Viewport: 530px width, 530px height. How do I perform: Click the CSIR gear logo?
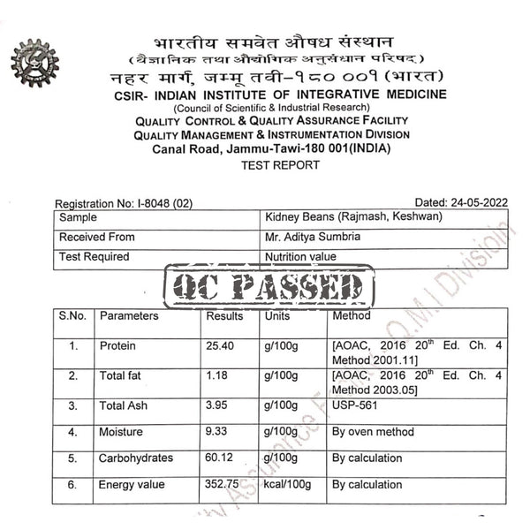pos(34,64)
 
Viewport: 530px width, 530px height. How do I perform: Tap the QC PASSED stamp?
pos(269,287)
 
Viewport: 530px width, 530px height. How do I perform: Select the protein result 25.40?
pos(219,345)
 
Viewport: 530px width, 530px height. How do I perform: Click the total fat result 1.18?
pos(216,375)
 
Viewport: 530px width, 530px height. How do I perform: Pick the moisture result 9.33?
pos(216,432)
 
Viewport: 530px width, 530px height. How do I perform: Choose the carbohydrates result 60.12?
pos(219,458)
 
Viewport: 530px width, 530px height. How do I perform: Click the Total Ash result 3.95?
pos(216,405)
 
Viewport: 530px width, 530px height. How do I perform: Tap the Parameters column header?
pos(129,315)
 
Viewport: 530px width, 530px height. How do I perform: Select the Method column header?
pos(352,315)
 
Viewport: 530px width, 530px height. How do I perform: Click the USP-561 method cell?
pos(356,405)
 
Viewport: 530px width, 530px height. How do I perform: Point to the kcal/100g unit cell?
pos(288,484)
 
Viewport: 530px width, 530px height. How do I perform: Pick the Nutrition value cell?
pos(300,257)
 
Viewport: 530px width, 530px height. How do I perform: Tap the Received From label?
pos(97,237)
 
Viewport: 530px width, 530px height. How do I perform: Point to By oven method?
pos(373,432)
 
